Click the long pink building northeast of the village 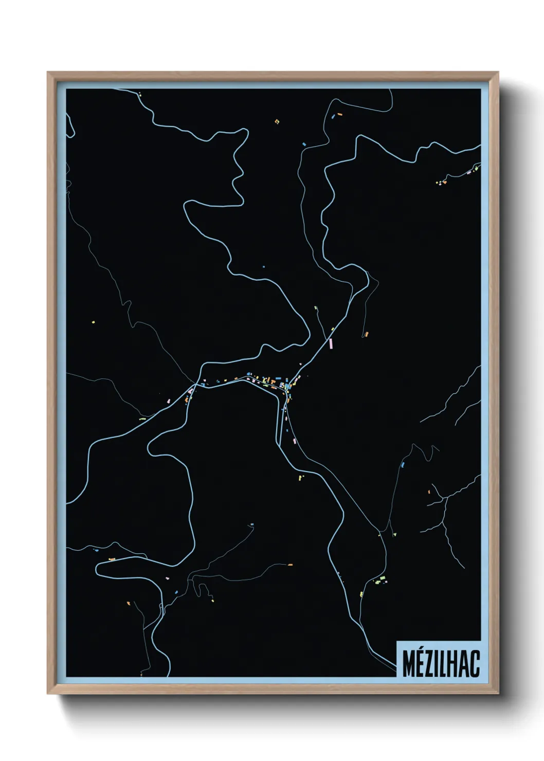pyautogui.click(x=331, y=342)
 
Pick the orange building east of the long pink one pyautogui.click(x=366, y=335)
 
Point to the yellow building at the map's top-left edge pyautogui.click(x=139, y=94)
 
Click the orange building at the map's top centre pyautogui.click(x=277, y=122)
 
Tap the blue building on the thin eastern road pyautogui.click(x=403, y=464)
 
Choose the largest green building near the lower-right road pyautogui.click(x=381, y=579)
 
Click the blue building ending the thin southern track pyautogui.click(x=251, y=525)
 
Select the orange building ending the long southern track pyautogui.click(x=290, y=565)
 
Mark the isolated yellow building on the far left pyautogui.click(x=93, y=322)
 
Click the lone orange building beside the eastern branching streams pyautogui.click(x=428, y=492)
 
